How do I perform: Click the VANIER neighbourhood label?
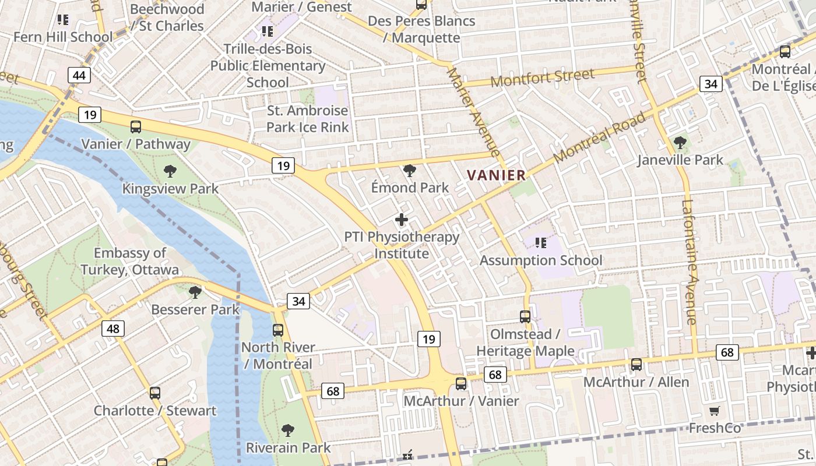tap(497, 175)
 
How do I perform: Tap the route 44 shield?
tap(79, 75)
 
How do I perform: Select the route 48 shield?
tap(112, 329)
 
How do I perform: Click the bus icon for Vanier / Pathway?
tap(136, 126)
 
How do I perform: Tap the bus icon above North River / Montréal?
tap(278, 330)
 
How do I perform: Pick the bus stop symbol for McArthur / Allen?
tap(636, 365)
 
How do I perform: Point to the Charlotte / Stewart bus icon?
tap(154, 393)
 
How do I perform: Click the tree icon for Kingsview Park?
tap(170, 171)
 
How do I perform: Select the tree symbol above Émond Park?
tap(410, 171)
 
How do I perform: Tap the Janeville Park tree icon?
tap(680, 143)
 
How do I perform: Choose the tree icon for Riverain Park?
tap(287, 430)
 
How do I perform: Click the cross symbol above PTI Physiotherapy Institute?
tap(402, 220)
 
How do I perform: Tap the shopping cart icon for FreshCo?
tap(715, 411)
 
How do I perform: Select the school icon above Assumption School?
tap(541, 243)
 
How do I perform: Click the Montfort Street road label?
tap(543, 77)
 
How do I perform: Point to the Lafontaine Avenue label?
tap(690, 262)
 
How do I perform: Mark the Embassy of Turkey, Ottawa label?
tap(130, 262)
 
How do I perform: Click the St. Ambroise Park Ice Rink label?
tap(307, 119)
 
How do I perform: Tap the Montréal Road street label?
tap(600, 137)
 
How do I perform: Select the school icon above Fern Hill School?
tap(63, 20)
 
